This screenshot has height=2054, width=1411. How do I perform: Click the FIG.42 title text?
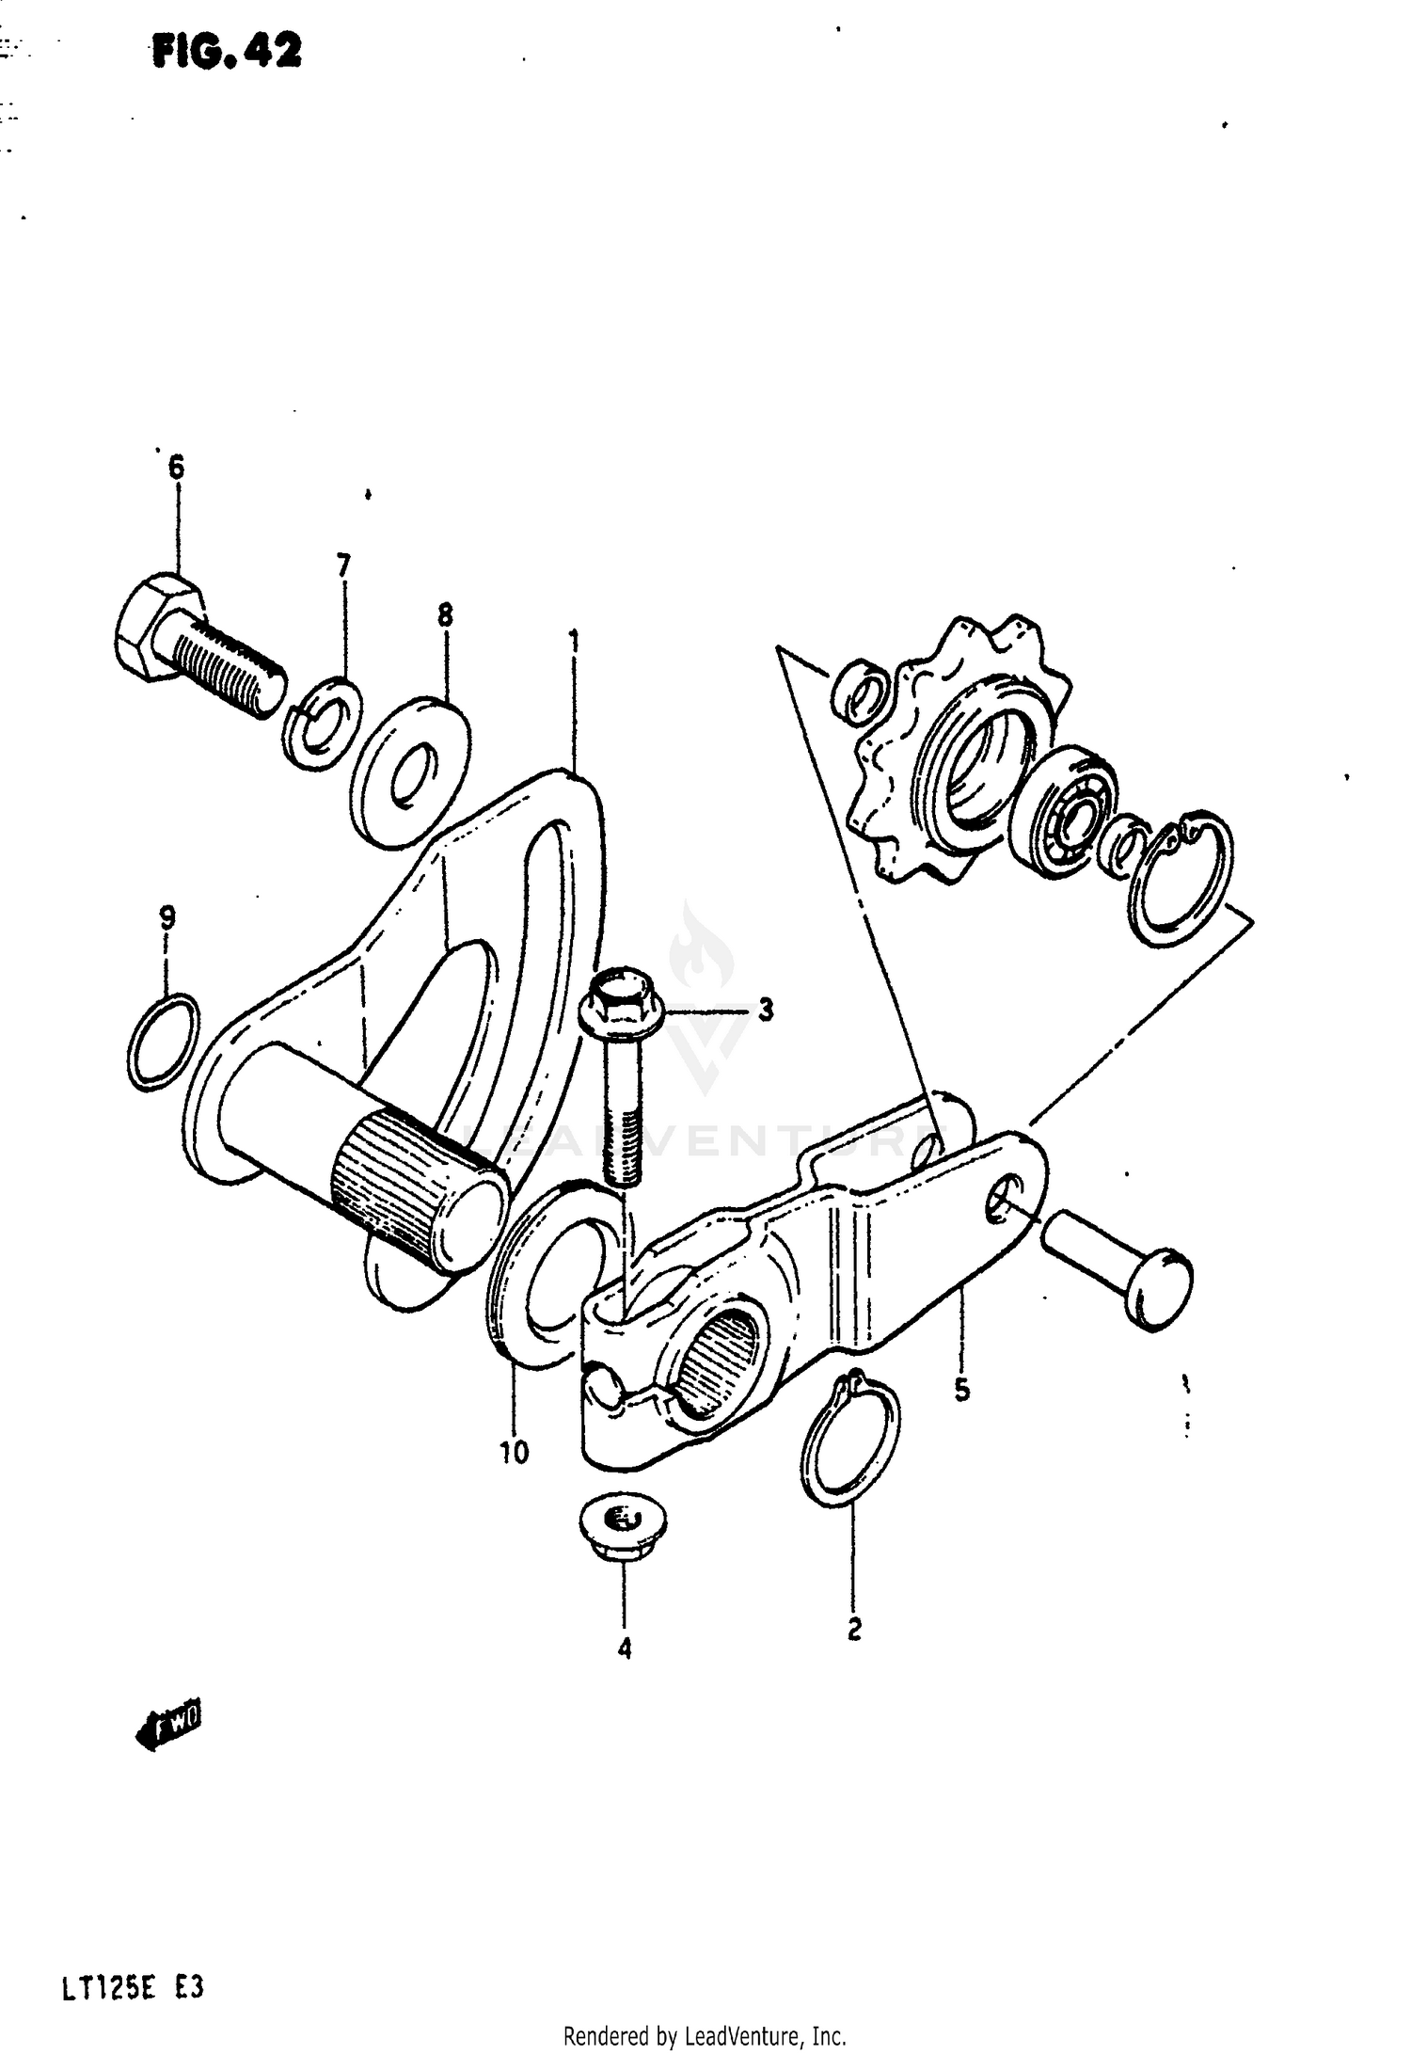click(x=227, y=52)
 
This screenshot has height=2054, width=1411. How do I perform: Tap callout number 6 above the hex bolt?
click(x=176, y=468)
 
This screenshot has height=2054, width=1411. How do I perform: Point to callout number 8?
click(x=445, y=616)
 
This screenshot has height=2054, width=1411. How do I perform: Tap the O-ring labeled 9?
click(x=164, y=1042)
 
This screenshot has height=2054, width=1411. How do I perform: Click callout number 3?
click(x=766, y=1011)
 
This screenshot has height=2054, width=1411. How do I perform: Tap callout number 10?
click(x=514, y=1453)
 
